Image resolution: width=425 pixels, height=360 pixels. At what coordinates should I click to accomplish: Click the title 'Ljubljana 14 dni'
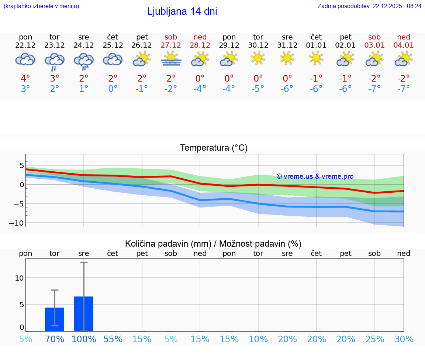182,11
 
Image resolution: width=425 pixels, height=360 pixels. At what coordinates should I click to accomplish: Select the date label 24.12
84,45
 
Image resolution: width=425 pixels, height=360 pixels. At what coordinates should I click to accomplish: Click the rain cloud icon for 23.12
55,61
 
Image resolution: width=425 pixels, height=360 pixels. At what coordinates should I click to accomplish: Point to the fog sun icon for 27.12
171,59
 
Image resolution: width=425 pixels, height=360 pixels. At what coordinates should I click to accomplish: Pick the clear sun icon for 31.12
287,58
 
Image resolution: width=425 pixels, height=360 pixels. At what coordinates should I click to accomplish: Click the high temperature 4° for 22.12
25,79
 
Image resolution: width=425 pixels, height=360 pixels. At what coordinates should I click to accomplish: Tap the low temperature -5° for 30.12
258,89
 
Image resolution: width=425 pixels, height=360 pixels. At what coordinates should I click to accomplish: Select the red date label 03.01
374,45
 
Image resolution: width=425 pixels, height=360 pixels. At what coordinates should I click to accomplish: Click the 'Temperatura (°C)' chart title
214,148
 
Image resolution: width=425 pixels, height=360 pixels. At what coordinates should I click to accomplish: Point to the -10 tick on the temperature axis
17,223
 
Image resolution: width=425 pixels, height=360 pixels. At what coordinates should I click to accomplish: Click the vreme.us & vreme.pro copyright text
315,176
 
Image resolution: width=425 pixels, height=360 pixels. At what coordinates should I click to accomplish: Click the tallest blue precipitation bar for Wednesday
84,313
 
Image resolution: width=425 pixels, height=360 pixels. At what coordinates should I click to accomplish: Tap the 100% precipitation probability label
84,339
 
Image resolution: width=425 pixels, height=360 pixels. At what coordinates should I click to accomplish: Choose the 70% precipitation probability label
55,339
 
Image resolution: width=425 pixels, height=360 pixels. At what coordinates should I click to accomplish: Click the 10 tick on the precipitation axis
19,278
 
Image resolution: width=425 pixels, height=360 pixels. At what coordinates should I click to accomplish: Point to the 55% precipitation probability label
113,339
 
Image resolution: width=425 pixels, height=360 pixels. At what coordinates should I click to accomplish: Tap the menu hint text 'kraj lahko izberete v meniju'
41,6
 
